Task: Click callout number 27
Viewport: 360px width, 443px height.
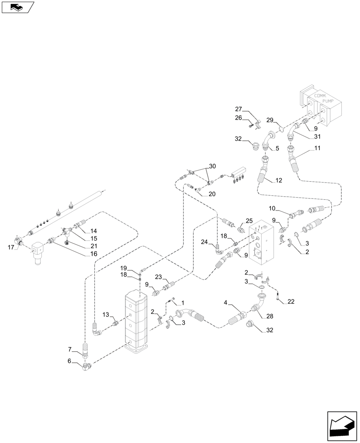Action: tap(239, 109)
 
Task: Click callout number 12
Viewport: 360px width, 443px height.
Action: tap(278, 180)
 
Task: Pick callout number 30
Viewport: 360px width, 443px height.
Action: tap(212, 167)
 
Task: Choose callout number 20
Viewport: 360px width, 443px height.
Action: tap(212, 194)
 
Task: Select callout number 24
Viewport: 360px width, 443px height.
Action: tap(204, 242)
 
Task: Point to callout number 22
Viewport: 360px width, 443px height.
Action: tap(291, 302)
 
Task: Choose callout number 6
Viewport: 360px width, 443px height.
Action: tap(70, 361)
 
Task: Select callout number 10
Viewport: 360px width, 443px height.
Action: tap(272, 208)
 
